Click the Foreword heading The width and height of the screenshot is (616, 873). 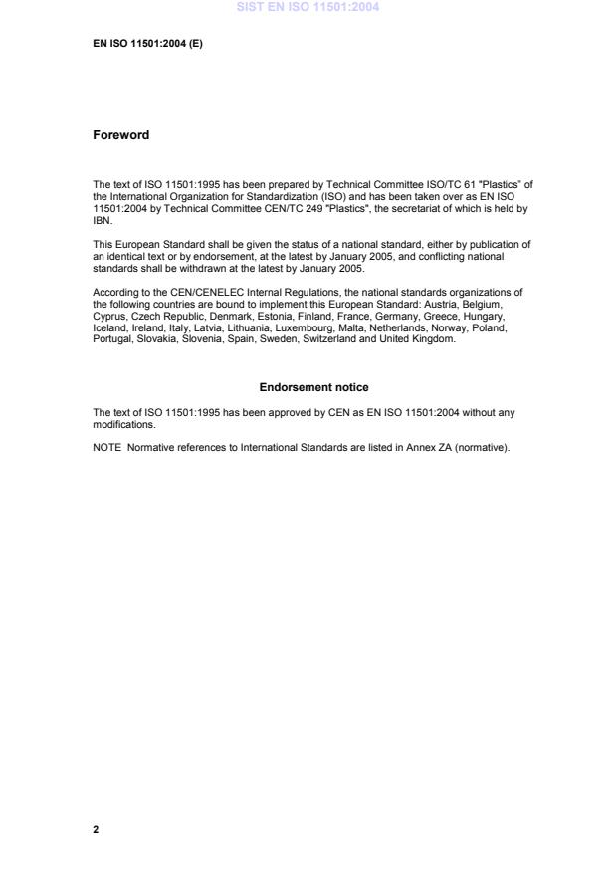coord(120,135)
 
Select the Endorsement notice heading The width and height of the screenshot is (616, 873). coord(313,387)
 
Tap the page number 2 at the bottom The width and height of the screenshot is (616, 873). coord(96,828)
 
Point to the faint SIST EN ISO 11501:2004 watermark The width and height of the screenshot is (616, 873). coord(308,8)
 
